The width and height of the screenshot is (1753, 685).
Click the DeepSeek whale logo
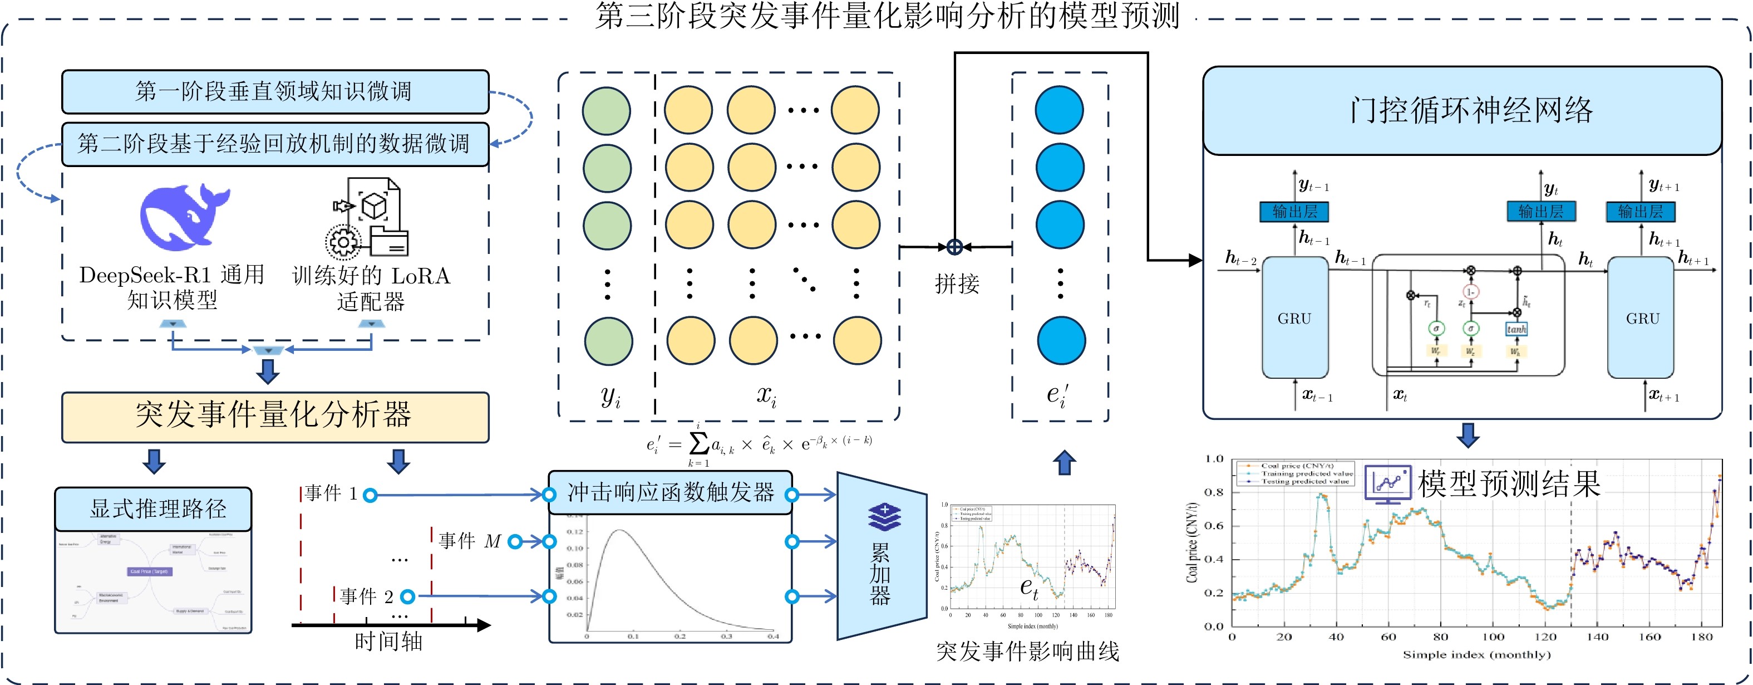[x=184, y=217]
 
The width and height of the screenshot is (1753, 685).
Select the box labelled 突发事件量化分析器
[x=275, y=416]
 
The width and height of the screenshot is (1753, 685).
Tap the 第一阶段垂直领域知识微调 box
[x=275, y=91]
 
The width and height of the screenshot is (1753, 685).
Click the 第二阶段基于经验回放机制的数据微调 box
[x=275, y=144]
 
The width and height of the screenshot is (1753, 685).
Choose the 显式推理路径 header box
[x=153, y=508]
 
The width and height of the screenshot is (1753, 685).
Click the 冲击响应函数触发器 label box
[x=670, y=492]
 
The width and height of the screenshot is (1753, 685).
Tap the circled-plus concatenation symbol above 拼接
[x=955, y=247]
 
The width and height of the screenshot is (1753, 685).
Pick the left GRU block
[x=1294, y=318]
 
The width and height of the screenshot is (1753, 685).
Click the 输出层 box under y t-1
[x=1294, y=212]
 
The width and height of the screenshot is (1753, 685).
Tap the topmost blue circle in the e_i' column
[x=1059, y=110]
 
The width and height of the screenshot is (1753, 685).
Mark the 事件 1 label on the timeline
[x=331, y=493]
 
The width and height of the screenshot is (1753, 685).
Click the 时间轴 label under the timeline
[x=388, y=642]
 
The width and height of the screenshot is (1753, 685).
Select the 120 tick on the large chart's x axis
[x=1545, y=637]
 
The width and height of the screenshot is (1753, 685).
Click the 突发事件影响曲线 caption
[x=1027, y=652]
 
